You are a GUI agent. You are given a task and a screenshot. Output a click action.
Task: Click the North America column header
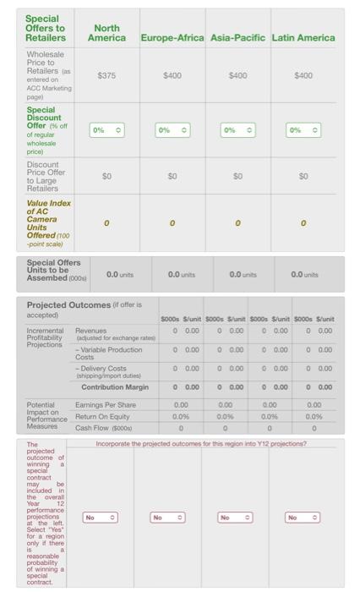[x=106, y=33]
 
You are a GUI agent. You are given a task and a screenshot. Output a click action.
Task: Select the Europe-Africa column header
[x=172, y=38]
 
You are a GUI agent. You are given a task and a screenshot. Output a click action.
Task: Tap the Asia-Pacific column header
[x=237, y=38]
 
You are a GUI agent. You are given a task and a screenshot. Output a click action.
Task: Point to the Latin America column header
[x=303, y=38]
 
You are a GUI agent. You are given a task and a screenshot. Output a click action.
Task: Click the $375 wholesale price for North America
[x=106, y=75]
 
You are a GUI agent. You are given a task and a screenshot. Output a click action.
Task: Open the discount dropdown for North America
[x=106, y=130]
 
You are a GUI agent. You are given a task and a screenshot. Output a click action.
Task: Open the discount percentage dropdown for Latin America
[x=303, y=130]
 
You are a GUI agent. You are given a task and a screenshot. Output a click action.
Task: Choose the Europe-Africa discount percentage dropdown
[x=172, y=130]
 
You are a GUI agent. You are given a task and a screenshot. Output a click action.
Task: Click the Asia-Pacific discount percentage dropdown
[x=237, y=130]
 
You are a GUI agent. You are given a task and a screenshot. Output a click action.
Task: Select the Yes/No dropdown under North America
[x=101, y=516]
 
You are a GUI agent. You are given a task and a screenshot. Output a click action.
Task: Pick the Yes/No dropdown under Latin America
[x=303, y=516]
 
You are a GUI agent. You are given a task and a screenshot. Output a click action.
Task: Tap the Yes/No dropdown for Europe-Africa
[x=167, y=516]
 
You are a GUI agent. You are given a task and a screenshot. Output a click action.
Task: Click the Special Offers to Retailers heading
[x=46, y=28]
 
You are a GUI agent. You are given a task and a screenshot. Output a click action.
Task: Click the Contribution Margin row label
[x=114, y=386]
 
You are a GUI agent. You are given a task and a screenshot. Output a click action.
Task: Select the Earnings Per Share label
[x=106, y=405]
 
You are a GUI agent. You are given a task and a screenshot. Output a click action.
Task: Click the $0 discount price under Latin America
[x=303, y=177]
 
